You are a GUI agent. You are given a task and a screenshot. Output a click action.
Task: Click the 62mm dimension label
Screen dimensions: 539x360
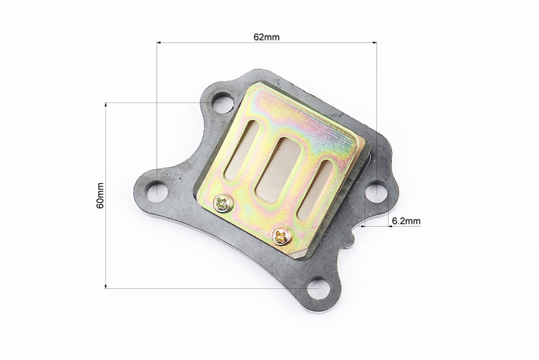point(266,37)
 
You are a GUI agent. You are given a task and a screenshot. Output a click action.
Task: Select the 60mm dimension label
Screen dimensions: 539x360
point(100,195)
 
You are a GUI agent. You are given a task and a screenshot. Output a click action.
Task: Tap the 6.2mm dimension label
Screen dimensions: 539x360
point(406,221)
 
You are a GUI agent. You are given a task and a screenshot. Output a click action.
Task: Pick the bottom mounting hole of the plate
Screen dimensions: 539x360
point(318,289)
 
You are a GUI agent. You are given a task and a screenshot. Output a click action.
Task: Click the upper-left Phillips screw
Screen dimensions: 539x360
point(223,204)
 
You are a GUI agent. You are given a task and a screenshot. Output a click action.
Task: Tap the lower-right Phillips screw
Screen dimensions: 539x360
point(281,236)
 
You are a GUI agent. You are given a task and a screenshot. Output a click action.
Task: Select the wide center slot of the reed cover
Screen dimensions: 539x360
point(278,170)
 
